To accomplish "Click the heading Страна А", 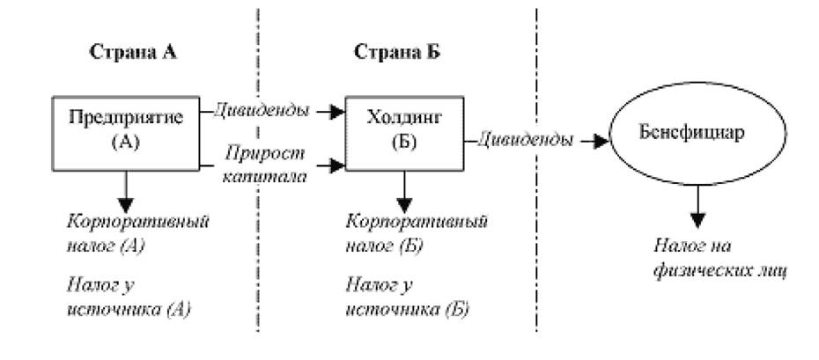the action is point(133,52).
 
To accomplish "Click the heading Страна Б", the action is point(397,52).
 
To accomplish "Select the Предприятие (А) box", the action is point(126,133).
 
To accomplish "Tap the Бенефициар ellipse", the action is point(698,135).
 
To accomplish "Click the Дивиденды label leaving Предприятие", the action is point(262,111).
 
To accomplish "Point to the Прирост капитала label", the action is point(264,165).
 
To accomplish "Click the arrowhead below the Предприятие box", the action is point(126,204).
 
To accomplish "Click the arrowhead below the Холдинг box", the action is point(405,204).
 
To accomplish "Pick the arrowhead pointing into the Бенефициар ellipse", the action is point(601,141).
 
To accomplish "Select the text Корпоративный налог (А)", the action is point(138,232).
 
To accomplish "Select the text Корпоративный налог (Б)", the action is point(417,232).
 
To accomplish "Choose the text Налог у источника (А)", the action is point(129,298).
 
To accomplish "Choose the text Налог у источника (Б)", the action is point(408,298).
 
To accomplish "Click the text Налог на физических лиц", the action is point(719,259).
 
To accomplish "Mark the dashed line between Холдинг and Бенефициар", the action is point(536,170).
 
